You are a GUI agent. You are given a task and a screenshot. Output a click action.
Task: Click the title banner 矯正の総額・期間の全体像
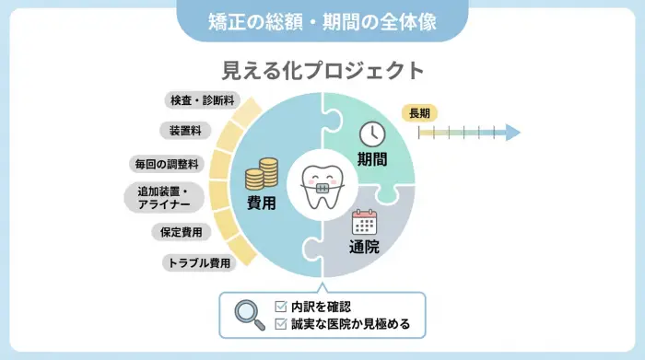(322, 19)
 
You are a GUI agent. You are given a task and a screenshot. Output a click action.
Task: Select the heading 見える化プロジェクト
(322, 70)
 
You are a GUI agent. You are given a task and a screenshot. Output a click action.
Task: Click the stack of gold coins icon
(261, 173)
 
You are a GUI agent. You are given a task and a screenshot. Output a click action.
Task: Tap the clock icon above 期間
(371, 133)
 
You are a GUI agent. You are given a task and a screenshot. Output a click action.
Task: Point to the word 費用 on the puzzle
(262, 203)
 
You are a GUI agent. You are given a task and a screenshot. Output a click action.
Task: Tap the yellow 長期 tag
(419, 113)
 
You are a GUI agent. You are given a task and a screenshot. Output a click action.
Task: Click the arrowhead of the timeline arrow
(513, 134)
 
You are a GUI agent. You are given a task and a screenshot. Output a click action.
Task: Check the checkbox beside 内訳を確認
(282, 306)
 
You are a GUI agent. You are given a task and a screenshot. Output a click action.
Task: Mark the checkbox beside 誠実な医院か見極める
(282, 323)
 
